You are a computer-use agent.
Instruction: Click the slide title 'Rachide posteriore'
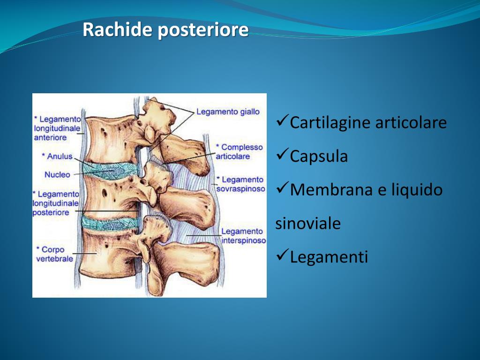coord(165,30)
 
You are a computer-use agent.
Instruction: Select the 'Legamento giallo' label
coord(227,112)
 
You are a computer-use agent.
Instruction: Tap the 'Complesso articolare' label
coord(239,152)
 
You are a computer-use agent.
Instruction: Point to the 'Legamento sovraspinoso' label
coord(240,184)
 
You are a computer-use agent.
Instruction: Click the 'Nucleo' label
coord(57,174)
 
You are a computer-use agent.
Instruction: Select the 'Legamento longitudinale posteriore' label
coord(56,203)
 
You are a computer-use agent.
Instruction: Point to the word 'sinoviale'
coord(307,224)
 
